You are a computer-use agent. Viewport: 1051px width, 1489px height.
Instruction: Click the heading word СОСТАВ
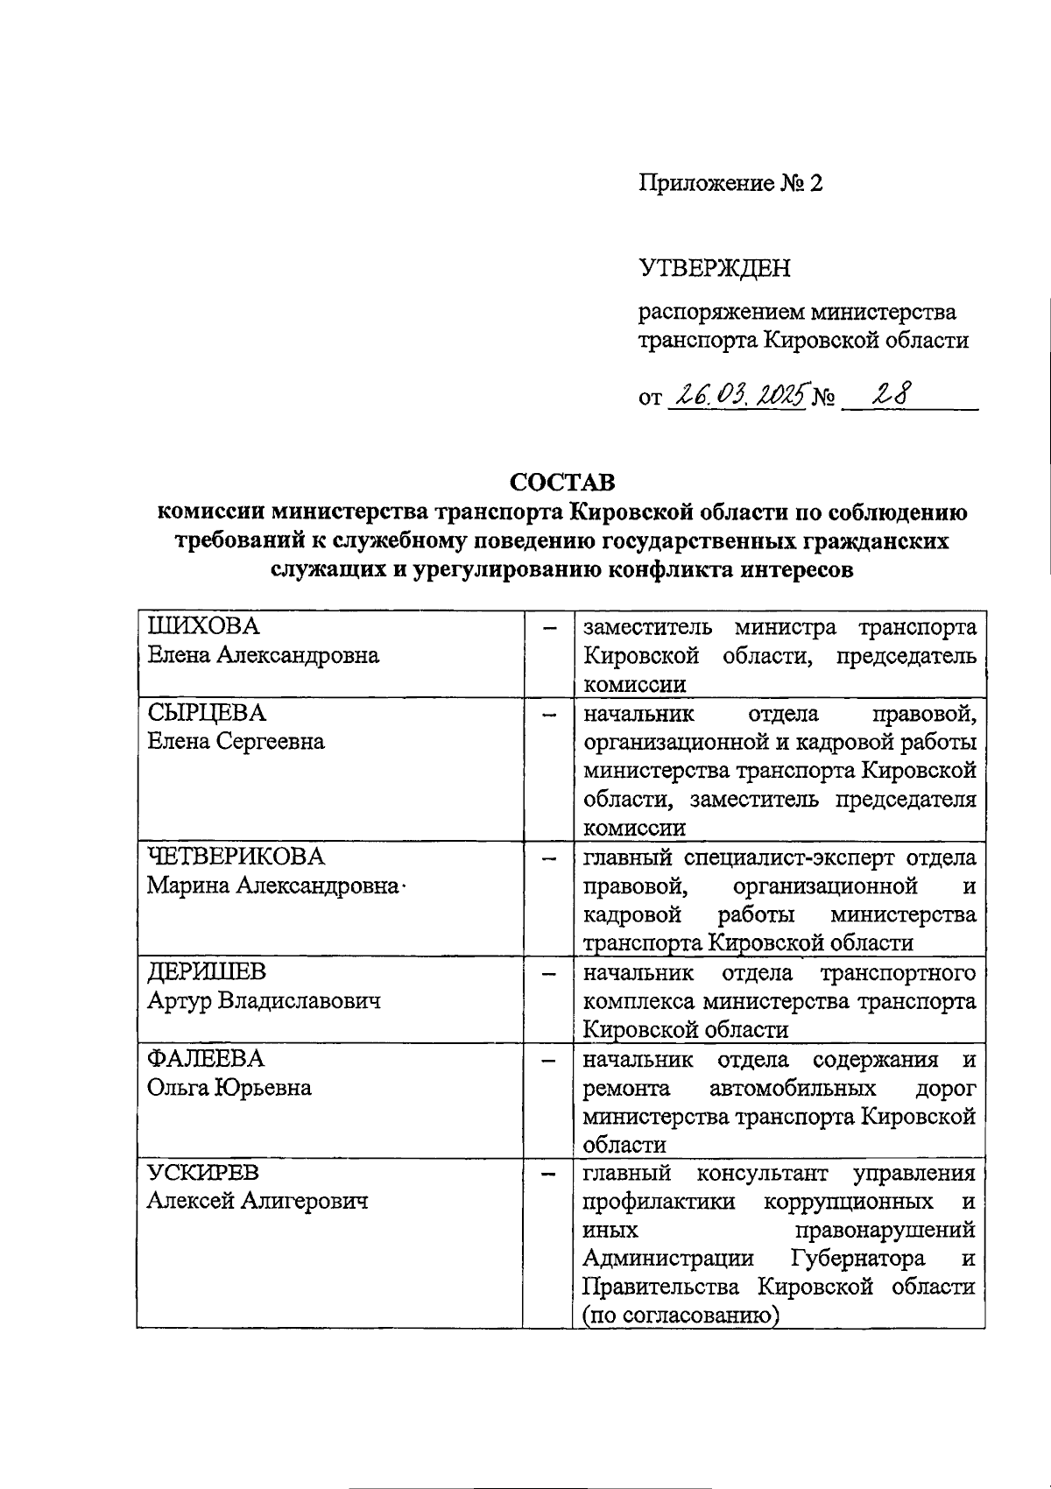click(562, 483)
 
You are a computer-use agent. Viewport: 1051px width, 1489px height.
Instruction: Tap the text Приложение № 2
click(730, 183)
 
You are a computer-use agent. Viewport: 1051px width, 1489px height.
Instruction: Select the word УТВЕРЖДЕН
click(714, 268)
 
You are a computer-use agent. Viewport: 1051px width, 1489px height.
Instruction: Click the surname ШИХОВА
click(203, 626)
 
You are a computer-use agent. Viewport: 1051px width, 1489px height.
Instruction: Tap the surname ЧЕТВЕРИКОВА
click(235, 856)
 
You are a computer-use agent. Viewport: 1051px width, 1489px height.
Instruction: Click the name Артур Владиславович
click(264, 1000)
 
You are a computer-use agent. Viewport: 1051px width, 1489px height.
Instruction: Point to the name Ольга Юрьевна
click(229, 1087)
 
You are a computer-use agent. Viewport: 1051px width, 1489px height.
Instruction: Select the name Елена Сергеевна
click(235, 742)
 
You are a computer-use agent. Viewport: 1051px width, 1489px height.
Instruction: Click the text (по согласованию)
click(681, 1315)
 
